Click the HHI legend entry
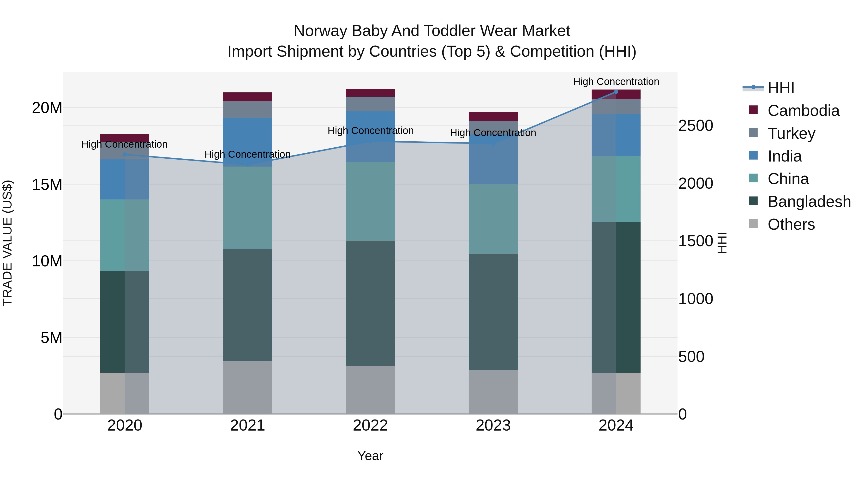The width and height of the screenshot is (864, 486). pos(780,88)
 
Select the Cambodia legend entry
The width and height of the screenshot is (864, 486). pos(803,111)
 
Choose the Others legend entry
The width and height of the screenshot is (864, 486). pos(791,224)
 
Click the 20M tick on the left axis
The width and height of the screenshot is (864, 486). pos(47,108)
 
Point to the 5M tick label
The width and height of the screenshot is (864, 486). pos(51,338)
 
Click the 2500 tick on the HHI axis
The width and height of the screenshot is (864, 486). pos(696,126)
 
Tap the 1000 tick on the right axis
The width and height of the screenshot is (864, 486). pos(696,299)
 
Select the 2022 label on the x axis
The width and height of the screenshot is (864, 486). pos(370,426)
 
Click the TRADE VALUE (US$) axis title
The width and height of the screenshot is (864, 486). pos(7,243)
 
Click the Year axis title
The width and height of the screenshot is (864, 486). pos(370,456)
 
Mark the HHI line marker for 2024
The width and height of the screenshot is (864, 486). pos(616,92)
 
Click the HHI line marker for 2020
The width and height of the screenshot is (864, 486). pos(125,154)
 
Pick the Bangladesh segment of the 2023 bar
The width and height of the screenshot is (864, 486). pos(493,312)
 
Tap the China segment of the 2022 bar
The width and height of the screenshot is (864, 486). pos(370,201)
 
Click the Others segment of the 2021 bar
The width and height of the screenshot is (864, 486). pos(247,387)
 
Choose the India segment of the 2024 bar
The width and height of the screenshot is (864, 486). pos(616,135)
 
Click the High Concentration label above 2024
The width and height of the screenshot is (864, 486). pos(616,82)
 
